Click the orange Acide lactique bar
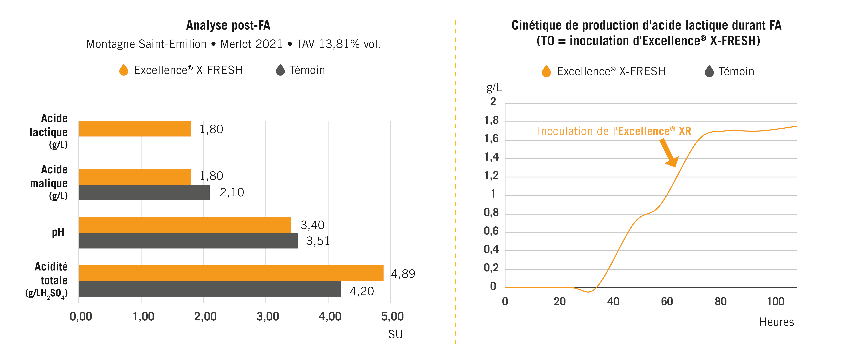[x=135, y=129]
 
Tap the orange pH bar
[x=185, y=225]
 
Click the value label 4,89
[x=403, y=274]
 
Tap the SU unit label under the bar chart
[x=395, y=334]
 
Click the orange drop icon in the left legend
[x=123, y=70]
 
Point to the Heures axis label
[x=776, y=322]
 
